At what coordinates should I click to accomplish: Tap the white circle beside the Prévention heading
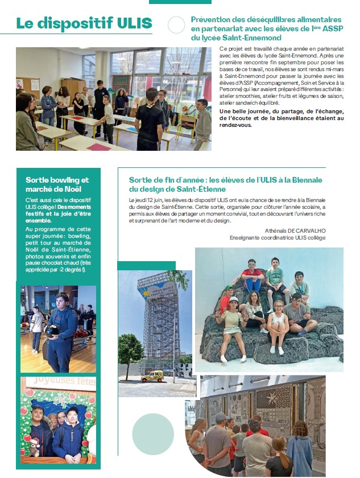point(176,24)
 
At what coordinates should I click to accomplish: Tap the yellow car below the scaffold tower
point(152,376)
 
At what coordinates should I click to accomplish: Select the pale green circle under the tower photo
point(153,434)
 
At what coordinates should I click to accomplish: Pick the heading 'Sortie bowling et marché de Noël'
point(57,184)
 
